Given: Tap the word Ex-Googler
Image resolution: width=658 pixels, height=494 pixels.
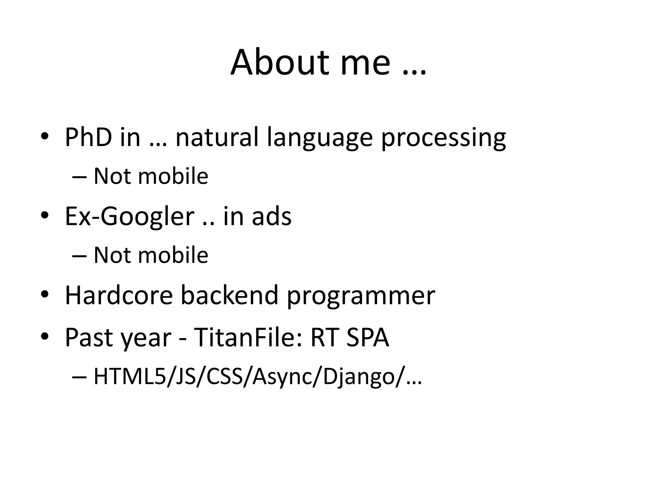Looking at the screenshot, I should tap(129, 216).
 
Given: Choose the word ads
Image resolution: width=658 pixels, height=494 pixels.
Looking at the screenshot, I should tap(271, 216).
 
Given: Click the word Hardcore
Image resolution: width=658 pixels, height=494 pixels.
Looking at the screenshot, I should tap(119, 295).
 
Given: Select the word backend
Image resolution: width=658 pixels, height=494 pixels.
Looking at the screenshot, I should tap(229, 295).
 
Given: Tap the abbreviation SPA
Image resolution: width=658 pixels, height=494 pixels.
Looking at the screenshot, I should tap(368, 338).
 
